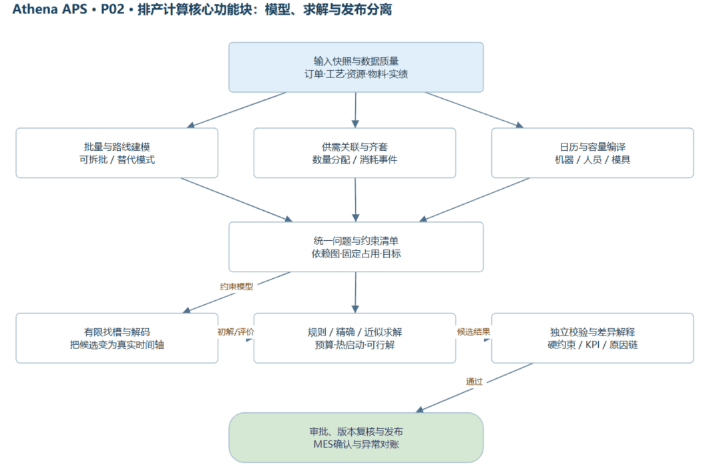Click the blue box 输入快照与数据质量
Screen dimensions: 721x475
click(356, 67)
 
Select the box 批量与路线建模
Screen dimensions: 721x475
click(117, 153)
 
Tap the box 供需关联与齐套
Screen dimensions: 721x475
click(354, 153)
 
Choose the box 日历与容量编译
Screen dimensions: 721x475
click(592, 153)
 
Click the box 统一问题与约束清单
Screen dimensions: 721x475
click(356, 247)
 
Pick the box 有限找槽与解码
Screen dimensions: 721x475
click(117, 338)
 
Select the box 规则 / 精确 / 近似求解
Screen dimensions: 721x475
click(354, 338)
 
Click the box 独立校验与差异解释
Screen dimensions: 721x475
click(592, 338)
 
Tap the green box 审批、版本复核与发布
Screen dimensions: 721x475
click(356, 438)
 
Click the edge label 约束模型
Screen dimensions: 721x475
click(236, 287)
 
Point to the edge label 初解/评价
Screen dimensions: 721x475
click(236, 332)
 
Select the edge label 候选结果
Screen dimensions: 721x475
click(473, 332)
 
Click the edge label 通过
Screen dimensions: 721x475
click(474, 382)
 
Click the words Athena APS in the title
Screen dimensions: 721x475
click(49, 9)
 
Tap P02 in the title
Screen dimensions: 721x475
click(113, 9)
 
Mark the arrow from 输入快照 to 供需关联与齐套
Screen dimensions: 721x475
click(355, 110)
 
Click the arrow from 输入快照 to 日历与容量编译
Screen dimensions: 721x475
click(474, 110)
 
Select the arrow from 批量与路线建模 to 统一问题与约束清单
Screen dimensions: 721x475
click(236, 200)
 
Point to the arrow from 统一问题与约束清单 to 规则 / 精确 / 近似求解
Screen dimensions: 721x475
click(355, 292)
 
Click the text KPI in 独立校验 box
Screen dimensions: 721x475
click(592, 344)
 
